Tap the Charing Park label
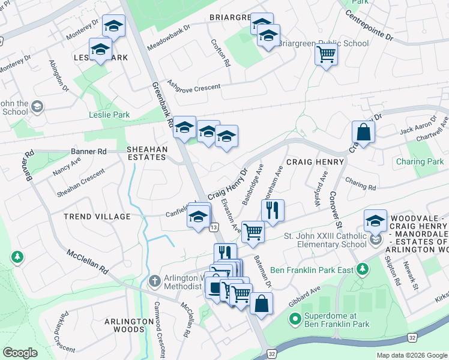tap(420, 161)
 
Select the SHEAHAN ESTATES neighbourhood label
tap(146, 152)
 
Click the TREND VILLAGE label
tap(98, 216)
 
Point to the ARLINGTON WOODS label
tap(129, 326)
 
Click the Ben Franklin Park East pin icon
tap(361, 270)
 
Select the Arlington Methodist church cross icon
tap(154, 281)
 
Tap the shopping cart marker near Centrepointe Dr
tap(326, 55)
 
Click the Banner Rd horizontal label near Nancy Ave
tap(88, 151)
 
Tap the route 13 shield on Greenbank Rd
tap(214, 227)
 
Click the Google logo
tap(20, 353)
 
